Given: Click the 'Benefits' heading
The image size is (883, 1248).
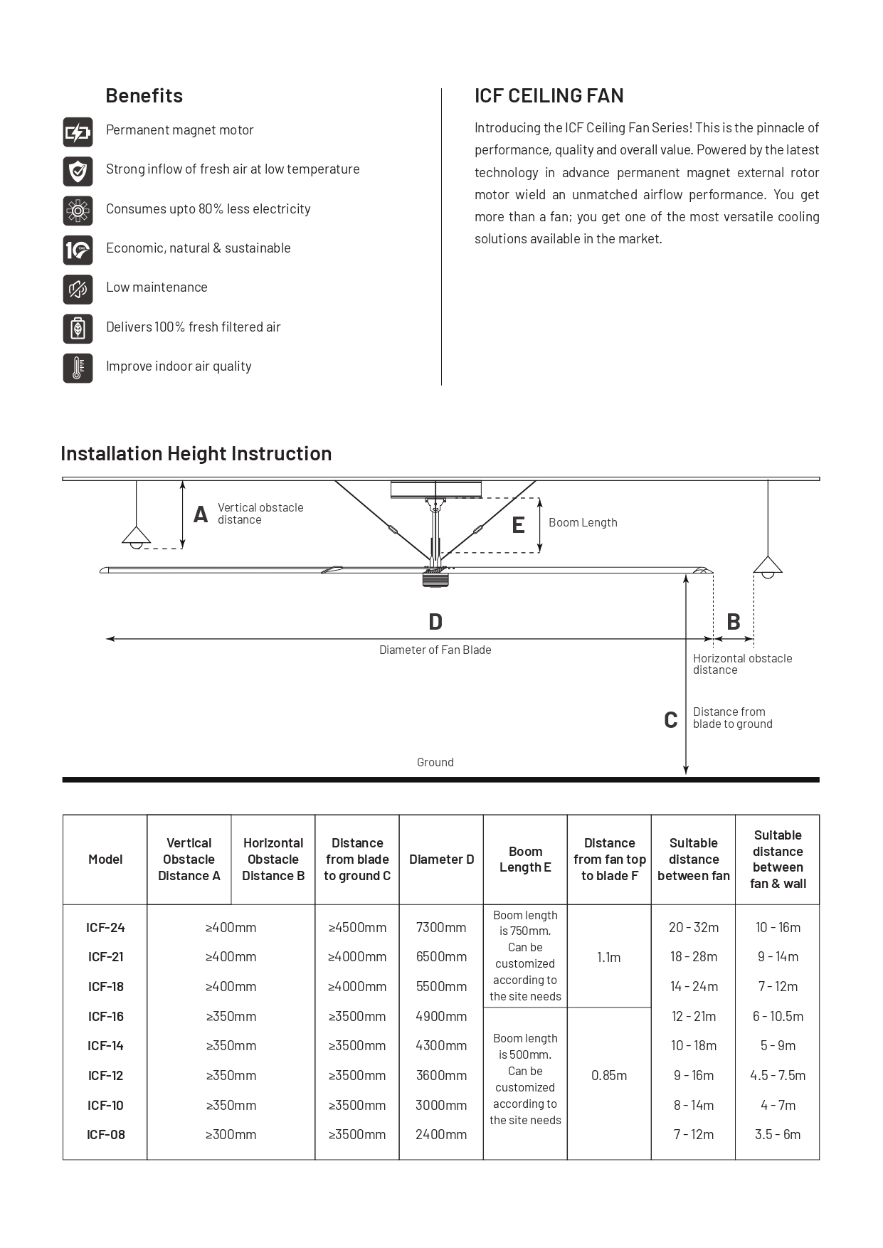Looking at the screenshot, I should pos(144,95).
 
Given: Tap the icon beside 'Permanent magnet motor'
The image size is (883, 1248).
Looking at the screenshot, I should pos(78,132).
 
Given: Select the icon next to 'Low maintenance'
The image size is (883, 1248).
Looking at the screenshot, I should pos(78,289).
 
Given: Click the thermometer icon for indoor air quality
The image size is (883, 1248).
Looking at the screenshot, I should pos(78,368).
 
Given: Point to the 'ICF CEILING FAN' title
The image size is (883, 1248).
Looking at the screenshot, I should pos(549,95).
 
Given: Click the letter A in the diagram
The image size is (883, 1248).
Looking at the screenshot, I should pos(201,514).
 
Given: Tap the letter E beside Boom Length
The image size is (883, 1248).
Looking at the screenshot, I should pos(518,525).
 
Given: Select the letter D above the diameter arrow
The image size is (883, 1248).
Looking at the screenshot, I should pos(435,622).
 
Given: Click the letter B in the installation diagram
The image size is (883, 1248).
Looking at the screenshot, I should pos(733,622).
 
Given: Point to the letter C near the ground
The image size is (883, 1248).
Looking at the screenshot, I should pos(670,720).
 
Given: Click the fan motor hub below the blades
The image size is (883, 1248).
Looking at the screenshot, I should pos(435,578).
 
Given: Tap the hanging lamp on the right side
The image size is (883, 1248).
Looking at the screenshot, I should pos(768,566).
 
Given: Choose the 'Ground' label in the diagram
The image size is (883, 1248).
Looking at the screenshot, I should pos(435,762).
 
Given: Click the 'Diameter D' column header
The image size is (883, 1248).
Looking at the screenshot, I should pos(441,860).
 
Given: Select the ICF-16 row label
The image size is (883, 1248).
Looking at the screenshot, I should pos(105,1016).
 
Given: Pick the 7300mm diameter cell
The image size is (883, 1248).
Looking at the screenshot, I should pos(441,927).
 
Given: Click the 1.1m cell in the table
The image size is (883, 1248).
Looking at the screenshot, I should pos(609,957).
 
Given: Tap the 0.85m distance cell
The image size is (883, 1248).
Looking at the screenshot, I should pos(609,1075).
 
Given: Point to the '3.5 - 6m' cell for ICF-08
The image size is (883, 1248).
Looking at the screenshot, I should pos(778,1134).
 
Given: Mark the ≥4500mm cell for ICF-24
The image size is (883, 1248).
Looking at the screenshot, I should pos(357,927).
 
